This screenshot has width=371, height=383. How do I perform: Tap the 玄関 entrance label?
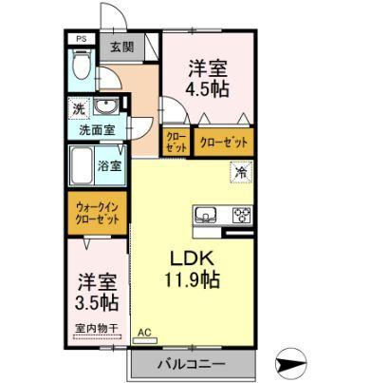click(x=121, y=47)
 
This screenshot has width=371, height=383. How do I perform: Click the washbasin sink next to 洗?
click(x=106, y=106)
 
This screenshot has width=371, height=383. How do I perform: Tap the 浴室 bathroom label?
click(x=108, y=165)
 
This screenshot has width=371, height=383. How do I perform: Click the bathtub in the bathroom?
click(x=82, y=166)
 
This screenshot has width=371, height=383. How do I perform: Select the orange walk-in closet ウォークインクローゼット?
click(x=97, y=211)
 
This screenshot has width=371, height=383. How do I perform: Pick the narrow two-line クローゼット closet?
click(x=176, y=143)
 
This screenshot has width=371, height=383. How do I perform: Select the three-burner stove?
click(x=241, y=213)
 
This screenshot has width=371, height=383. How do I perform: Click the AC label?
click(x=145, y=332)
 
